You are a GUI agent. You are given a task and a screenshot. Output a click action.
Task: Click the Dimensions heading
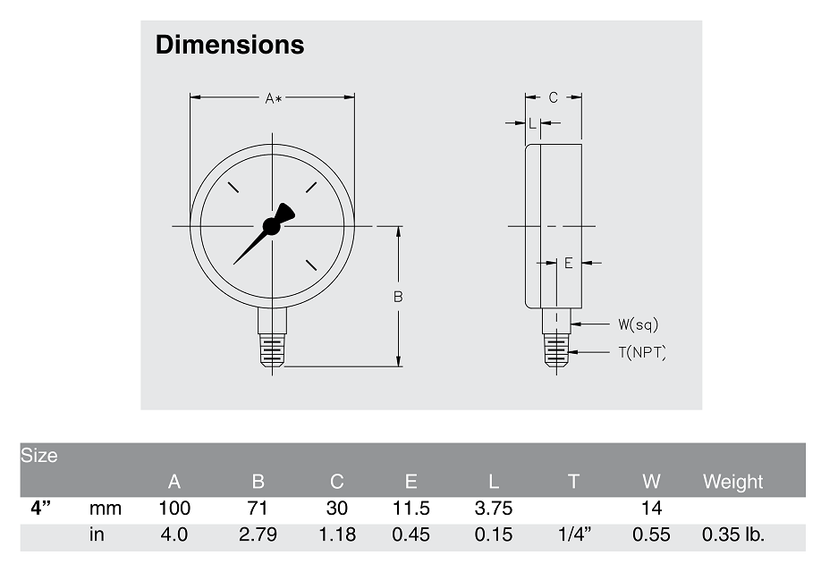(x=230, y=45)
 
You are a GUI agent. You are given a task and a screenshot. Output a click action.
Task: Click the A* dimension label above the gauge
(x=273, y=98)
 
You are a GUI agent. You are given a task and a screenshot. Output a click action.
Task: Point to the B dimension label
(x=399, y=297)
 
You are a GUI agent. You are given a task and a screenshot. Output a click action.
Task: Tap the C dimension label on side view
(x=553, y=98)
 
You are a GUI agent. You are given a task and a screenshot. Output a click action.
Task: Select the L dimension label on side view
(x=532, y=124)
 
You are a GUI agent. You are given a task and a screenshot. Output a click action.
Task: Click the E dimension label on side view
(x=568, y=263)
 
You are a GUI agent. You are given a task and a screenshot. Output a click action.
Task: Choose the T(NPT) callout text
(x=642, y=352)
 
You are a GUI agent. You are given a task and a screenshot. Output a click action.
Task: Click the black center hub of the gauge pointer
(x=272, y=227)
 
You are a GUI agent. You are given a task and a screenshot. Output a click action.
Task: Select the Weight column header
(x=732, y=482)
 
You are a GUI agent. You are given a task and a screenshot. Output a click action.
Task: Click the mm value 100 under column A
(x=174, y=509)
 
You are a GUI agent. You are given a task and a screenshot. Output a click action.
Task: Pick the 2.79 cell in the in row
(x=258, y=535)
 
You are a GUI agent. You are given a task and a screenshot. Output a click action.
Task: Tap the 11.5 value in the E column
(x=411, y=509)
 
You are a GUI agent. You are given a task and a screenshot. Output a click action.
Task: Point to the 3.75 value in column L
(x=494, y=509)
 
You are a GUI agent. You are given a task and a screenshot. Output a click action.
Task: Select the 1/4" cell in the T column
(x=573, y=535)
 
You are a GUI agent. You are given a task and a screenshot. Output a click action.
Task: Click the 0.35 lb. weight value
(x=732, y=535)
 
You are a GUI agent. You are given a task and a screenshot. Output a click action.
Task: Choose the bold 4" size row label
(x=40, y=509)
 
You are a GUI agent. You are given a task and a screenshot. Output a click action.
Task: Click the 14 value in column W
(x=651, y=509)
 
